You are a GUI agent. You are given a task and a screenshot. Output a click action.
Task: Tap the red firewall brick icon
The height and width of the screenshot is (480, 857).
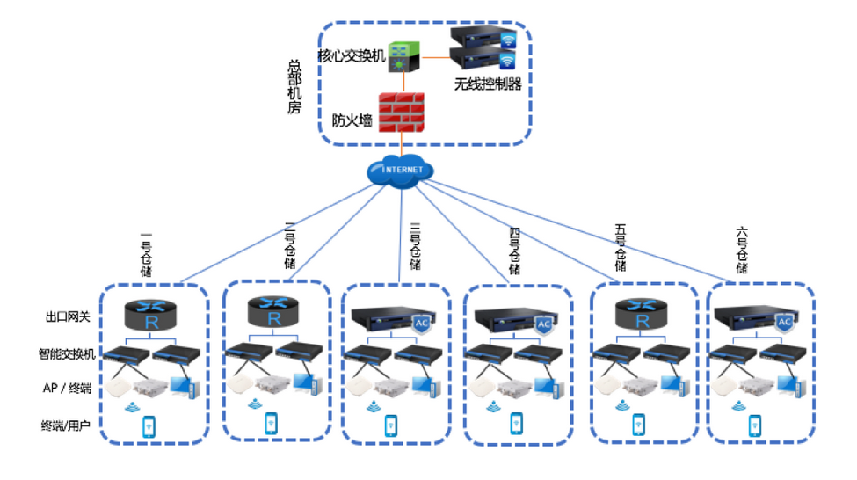coord(401,112)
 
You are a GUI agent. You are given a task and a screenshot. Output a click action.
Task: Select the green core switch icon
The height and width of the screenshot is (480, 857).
coord(403,55)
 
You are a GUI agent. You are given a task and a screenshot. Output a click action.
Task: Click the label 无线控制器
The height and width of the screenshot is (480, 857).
coord(488,84)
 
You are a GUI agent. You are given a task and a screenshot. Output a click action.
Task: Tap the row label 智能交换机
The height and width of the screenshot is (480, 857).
coord(68,353)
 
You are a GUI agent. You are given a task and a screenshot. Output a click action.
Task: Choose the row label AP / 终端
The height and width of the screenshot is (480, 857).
coord(68,388)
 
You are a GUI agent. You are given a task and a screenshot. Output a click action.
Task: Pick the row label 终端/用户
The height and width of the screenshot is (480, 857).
coord(68,425)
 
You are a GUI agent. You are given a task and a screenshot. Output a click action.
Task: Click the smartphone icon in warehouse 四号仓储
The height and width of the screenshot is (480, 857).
coord(516,423)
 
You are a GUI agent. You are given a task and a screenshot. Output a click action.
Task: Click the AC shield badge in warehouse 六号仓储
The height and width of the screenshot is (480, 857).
coord(784,324)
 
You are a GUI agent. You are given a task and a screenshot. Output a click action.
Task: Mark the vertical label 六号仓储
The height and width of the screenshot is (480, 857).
coord(742,249)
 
